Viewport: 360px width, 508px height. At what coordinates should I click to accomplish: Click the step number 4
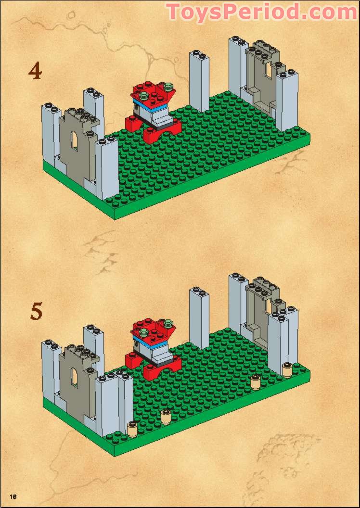pos(35,71)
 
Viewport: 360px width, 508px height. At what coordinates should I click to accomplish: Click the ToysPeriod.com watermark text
pos(262,12)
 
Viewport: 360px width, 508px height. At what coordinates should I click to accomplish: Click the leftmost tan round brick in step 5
pos(132,427)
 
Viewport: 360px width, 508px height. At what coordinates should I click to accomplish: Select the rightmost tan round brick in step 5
pos(287,369)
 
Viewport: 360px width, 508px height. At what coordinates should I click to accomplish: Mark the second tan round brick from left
pos(166,415)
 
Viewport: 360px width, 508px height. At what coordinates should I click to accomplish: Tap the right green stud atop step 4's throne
pos(168,87)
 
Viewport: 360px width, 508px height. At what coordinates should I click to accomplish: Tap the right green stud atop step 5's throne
pos(168,325)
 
